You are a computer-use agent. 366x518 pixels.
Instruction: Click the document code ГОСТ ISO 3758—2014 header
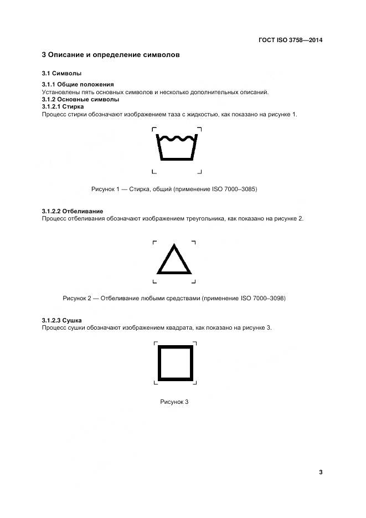290,40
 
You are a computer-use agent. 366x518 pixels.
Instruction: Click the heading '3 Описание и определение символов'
111,55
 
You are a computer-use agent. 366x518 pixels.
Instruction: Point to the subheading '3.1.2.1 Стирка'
63,106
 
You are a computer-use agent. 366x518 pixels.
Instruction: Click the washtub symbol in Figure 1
177,150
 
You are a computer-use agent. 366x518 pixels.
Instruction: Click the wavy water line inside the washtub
177,139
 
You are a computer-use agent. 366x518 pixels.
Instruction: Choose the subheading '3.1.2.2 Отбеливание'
73,212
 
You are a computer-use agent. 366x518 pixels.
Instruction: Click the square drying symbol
176,363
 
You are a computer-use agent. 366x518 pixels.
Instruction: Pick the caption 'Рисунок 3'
174,402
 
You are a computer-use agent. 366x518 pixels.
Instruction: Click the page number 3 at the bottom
321,472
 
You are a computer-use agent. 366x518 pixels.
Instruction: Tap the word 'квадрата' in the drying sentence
178,328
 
